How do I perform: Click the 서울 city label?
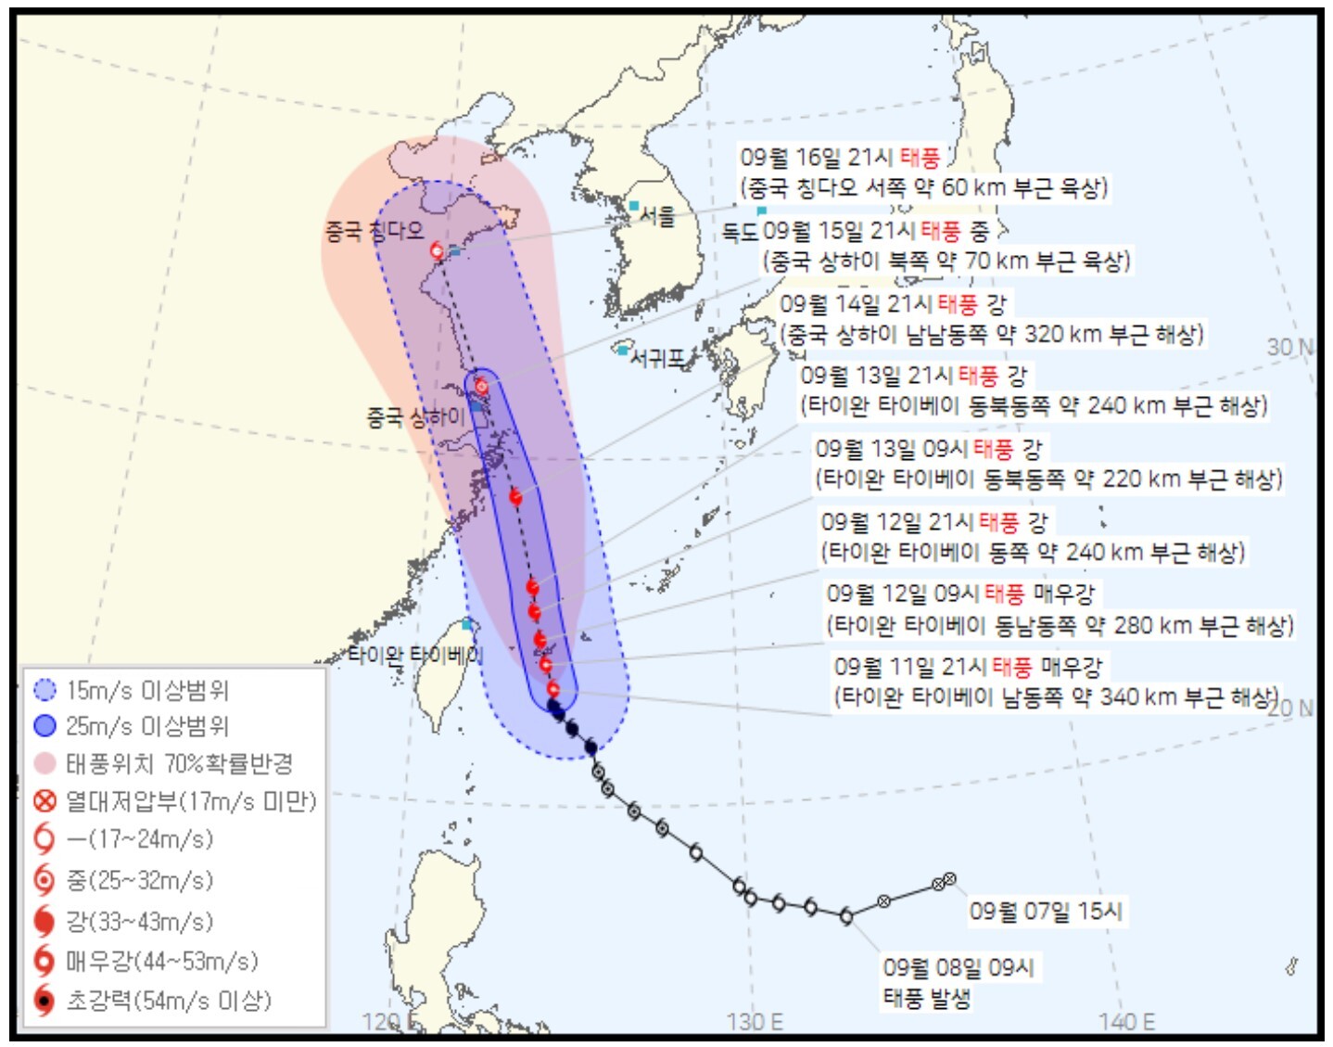(658, 216)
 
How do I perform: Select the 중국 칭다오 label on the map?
(374, 231)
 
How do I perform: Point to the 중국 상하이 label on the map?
(415, 417)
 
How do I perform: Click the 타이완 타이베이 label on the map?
(415, 656)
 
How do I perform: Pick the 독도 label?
(741, 231)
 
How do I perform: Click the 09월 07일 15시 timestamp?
(1046, 911)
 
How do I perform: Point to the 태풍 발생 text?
(926, 998)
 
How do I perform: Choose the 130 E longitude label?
(755, 1022)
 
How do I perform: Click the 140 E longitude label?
(1127, 1022)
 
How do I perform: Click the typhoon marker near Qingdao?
(437, 250)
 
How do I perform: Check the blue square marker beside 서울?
(634, 205)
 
